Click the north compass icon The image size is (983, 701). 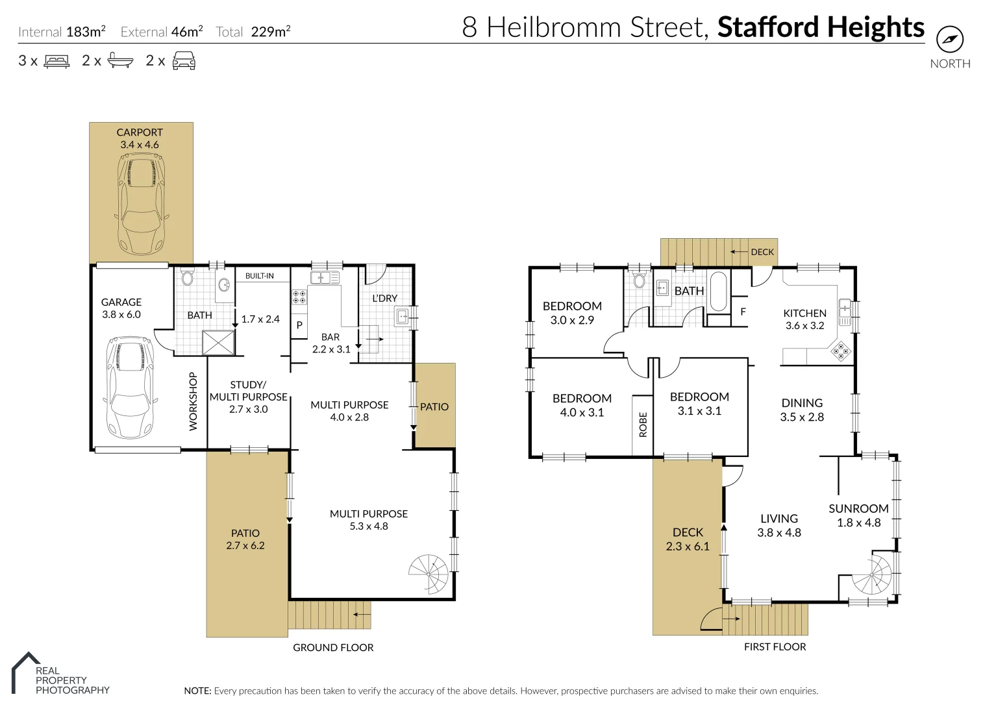950,40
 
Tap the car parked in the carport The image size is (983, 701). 140,204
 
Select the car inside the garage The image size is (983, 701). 131,387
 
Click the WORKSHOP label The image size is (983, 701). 193,401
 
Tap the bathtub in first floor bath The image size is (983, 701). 718,291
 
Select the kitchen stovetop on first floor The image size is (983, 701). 841,351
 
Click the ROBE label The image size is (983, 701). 643,424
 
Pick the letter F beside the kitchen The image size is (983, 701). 743,312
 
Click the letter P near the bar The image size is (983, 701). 299,325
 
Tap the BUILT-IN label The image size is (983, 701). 260,276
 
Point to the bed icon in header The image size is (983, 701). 56,62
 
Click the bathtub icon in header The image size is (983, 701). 120,61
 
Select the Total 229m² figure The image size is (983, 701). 253,32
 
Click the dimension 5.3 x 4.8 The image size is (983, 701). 369,526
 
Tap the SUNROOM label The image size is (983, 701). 858,509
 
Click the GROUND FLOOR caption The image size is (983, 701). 333,648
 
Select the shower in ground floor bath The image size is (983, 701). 218,343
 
